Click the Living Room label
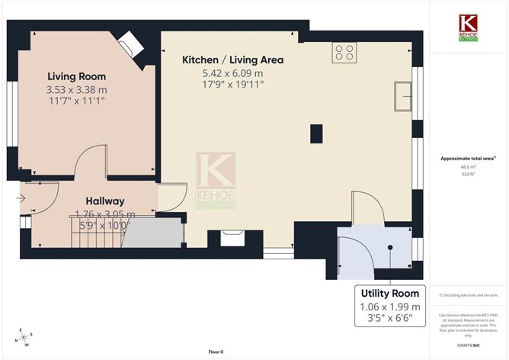point(76,76)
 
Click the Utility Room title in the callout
point(389,294)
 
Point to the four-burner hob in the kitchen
point(344,52)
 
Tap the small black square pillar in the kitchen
point(316,133)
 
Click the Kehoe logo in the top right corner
point(467,27)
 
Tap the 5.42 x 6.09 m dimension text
point(232,73)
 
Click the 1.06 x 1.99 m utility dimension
point(389,307)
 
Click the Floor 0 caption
point(216,352)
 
